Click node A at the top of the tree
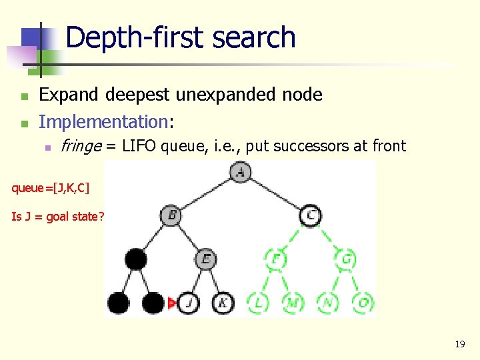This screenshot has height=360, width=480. point(240,172)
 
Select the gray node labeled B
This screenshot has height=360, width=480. point(171,215)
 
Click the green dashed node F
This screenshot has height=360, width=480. point(275,259)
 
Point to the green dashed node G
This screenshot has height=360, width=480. point(345,259)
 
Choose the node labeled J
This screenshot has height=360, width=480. point(189,303)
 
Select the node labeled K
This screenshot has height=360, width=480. point(223,303)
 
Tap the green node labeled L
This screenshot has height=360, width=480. point(258,303)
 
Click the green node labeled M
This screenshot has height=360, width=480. point(292,303)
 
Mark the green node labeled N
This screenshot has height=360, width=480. point(327,303)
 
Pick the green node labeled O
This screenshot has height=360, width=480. point(363,303)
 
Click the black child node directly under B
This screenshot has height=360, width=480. point(136,259)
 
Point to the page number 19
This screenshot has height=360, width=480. point(459,344)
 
